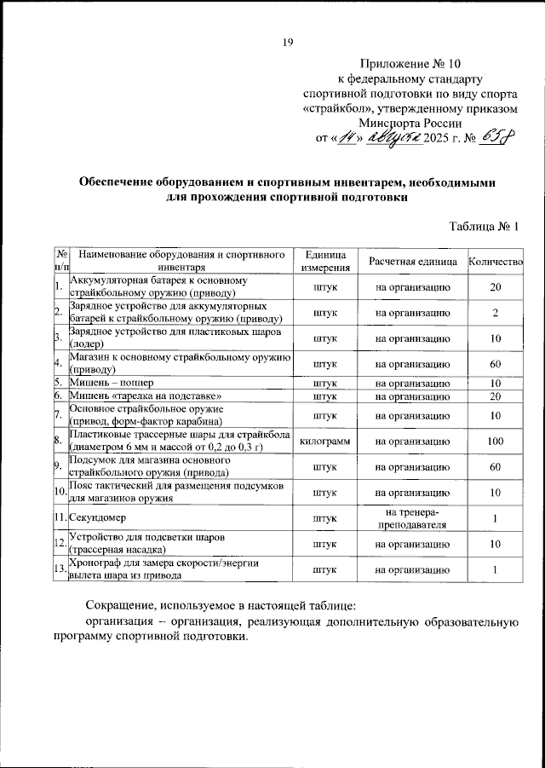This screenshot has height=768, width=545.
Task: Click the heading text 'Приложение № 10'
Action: pos(411,64)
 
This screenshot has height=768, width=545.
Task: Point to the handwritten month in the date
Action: pos(393,137)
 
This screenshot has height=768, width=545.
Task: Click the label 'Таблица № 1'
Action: pos(484,226)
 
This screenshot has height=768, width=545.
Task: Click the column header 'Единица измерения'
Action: pos(323,260)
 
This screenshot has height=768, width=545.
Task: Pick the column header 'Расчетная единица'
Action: pos(412,260)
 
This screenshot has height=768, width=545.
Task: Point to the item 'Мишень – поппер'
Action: pos(110,383)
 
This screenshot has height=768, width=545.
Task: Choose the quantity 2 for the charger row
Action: pos(495,312)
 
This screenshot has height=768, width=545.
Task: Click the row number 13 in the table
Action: pos(60,569)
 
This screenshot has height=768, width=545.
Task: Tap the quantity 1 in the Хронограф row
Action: pos(495,569)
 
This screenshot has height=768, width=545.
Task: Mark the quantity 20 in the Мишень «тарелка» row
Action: pos(495,396)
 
